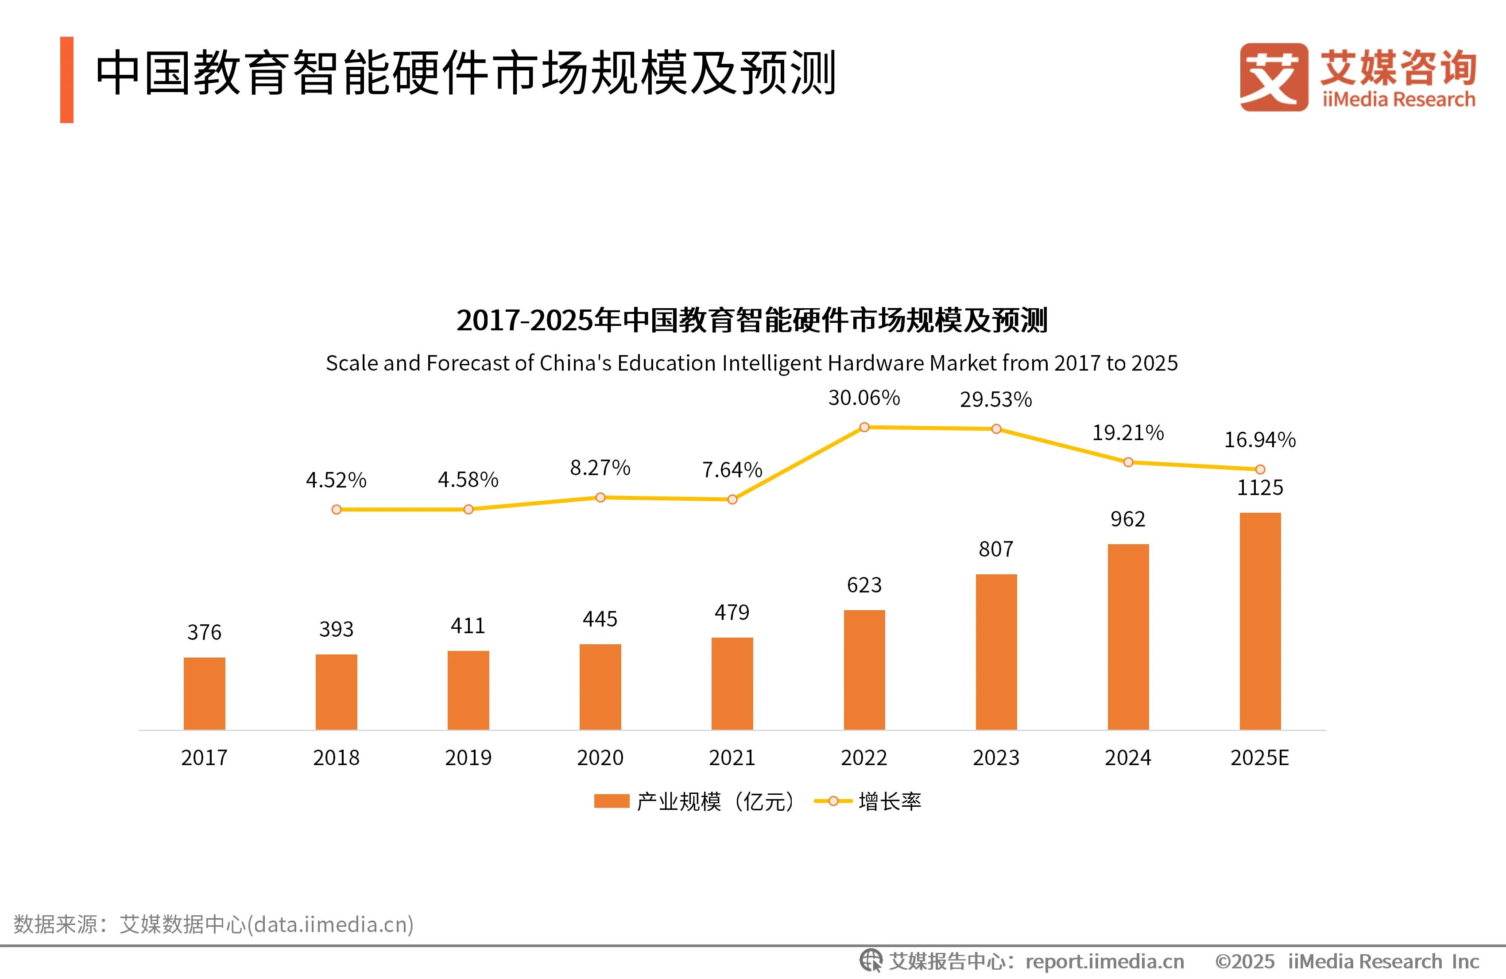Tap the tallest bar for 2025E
point(1260,621)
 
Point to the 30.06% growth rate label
point(864,398)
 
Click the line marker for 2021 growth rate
point(732,499)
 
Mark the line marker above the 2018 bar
point(337,510)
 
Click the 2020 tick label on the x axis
point(600,758)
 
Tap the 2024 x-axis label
point(1127,758)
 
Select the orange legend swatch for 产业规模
point(611,801)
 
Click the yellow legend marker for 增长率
point(833,801)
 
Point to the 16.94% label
point(1260,440)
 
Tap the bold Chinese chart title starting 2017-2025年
point(752,320)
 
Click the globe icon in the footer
point(871,961)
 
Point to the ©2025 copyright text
point(1244,961)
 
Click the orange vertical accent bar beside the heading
point(67,80)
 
